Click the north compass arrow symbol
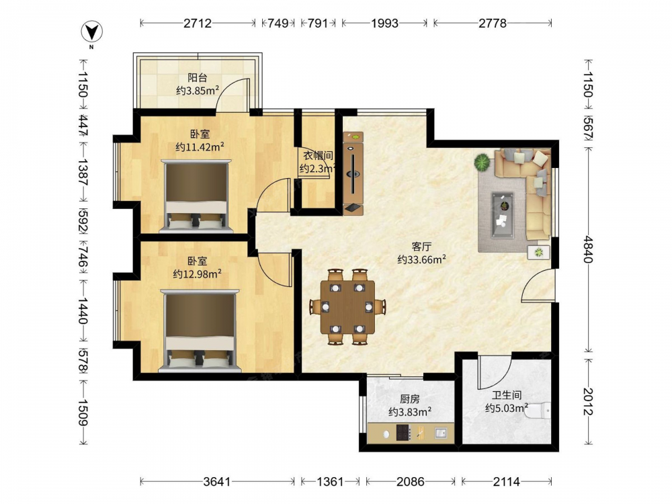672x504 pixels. pos(91,32)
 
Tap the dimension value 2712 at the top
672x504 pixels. pos(198,23)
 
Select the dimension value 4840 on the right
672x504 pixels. pos(587,249)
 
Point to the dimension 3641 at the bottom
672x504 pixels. pos(217,482)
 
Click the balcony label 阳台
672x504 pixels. pos(198,77)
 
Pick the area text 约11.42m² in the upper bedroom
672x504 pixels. pos(200,147)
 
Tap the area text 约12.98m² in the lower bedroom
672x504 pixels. pos(197,274)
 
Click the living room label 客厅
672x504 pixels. pos(421,247)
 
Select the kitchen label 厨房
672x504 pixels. pos(410,399)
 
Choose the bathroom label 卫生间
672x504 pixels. pos(507,395)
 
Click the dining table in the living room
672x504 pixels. pos(347,307)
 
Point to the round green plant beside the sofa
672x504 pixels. pos(482,163)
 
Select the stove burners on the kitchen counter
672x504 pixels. pos(403,432)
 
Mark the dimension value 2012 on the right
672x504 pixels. pos(587,401)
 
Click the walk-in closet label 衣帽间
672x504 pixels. pos(318,156)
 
